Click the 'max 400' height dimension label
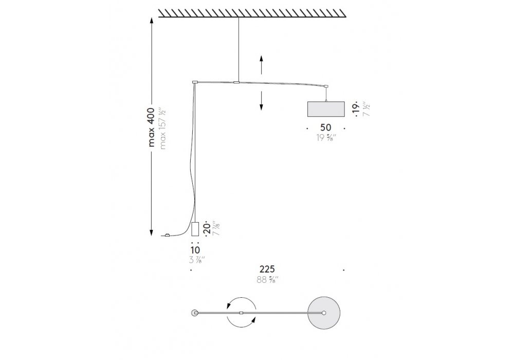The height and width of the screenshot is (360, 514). tap(151, 127)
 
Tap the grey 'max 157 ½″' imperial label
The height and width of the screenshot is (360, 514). tap(162, 128)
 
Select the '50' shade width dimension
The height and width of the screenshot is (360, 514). tap(325, 128)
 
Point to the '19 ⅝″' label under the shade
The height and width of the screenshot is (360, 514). tap(326, 138)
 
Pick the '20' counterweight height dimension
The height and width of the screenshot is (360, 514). tap(207, 228)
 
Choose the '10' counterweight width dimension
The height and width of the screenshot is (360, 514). tap(195, 250)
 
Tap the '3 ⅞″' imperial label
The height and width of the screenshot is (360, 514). tap(197, 260)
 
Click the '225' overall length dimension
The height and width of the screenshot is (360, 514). tap(267, 269)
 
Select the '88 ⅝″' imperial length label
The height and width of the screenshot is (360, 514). tap(267, 280)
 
